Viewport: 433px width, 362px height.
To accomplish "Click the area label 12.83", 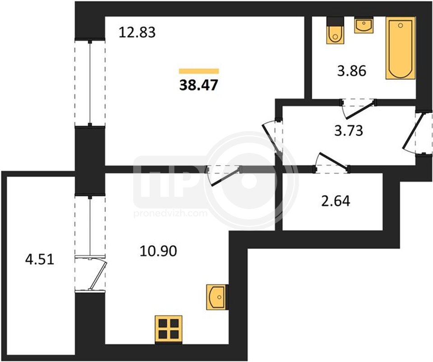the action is (137, 32).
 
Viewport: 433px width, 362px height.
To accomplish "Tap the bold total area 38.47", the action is (199, 85).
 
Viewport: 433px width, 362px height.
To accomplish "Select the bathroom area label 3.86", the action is (352, 71).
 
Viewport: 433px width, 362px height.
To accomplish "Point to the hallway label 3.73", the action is (349, 131).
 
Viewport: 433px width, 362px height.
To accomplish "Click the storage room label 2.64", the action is (336, 201).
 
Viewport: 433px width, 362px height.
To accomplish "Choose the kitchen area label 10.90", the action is (158, 251).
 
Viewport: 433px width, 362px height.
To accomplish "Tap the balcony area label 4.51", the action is (39, 260).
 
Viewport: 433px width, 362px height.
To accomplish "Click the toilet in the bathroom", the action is (335, 30).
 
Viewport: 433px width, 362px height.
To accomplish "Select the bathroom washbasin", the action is (363, 26).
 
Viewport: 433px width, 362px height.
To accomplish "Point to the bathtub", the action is (400, 48).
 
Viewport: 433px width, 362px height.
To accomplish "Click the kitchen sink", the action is (216, 297).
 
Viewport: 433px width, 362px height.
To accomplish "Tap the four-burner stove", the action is (168, 329).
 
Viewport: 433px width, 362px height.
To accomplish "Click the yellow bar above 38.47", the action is (199, 71).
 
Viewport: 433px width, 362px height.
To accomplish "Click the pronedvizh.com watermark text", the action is (170, 214).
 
